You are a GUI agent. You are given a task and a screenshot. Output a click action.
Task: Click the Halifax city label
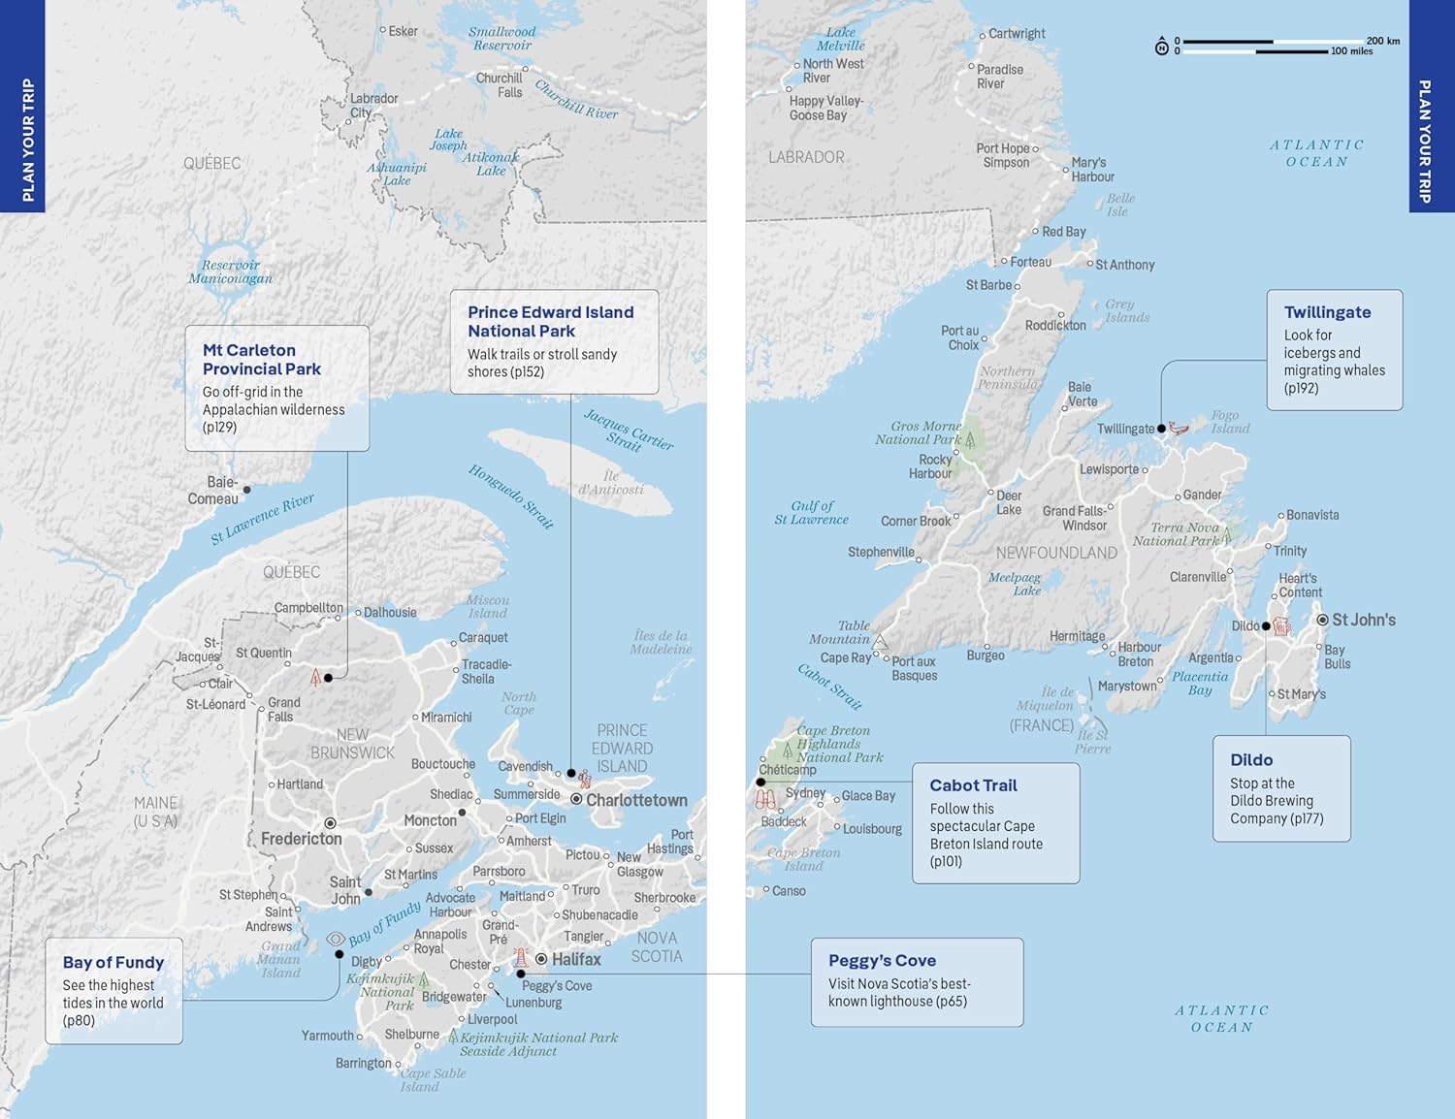coord(576,959)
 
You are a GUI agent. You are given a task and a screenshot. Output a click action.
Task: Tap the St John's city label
coord(1363,620)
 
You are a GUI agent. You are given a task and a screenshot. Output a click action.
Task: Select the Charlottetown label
coord(636,800)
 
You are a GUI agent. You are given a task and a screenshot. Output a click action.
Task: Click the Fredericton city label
coord(301,839)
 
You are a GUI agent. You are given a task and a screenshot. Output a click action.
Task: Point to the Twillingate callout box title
coord(1327,312)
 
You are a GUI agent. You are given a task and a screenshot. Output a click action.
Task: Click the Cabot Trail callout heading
coord(973,785)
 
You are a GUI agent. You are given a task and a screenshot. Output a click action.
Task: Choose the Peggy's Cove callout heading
coord(882,960)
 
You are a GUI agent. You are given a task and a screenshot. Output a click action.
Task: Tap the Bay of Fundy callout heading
coord(113,962)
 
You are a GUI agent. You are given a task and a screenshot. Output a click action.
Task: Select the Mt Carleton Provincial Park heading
coord(261,360)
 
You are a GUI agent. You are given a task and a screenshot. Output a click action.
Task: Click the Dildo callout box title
coord(1251,760)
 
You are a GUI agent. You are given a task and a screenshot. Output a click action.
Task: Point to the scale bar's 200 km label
coord(1382,41)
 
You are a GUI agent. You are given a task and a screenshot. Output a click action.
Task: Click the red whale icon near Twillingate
coord(1179,428)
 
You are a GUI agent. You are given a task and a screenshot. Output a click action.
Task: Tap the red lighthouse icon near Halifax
coord(521,958)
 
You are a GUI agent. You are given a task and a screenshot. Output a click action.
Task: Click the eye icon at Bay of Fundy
coord(336,939)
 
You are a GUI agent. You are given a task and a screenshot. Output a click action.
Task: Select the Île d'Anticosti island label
coord(610,483)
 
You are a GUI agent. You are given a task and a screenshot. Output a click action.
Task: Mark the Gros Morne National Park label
coord(918,432)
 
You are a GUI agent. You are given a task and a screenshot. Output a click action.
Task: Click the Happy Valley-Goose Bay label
coord(825,108)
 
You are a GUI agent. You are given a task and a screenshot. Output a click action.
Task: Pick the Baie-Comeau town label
coord(213,491)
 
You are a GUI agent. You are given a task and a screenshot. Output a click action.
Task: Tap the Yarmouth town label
coord(328,1036)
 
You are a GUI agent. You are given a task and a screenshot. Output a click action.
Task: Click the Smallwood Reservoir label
coord(501,39)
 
